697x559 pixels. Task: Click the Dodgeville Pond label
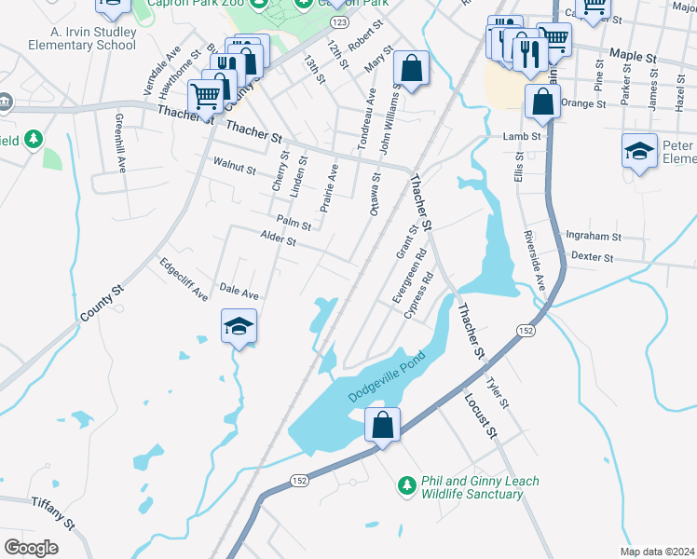point(387,376)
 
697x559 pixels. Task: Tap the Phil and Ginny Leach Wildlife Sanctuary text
point(479,487)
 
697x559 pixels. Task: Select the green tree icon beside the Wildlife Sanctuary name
point(406,484)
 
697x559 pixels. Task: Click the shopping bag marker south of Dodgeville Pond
point(382,426)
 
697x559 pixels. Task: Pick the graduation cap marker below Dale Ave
point(239,327)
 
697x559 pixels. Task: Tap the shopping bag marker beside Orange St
point(542,102)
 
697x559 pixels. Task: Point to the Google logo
point(31,547)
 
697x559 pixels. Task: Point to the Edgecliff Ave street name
point(184,279)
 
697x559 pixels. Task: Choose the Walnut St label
point(234,169)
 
